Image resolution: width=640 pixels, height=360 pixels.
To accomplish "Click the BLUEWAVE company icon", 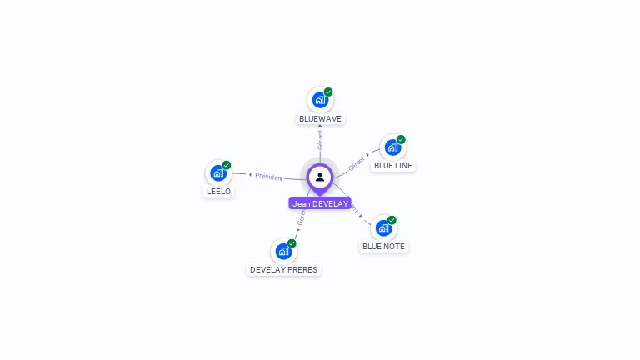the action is click(320, 100).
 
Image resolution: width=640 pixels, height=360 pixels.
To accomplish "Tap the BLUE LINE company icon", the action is click(392, 147).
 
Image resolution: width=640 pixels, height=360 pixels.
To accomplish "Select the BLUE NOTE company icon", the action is click(383, 227).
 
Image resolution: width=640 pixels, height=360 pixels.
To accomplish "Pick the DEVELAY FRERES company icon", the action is click(283, 251).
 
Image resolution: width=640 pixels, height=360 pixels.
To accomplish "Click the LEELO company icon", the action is click(218, 172).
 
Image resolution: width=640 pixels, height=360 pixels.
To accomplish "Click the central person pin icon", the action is click(320, 177).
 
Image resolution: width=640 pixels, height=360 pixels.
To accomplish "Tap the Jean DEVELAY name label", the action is click(320, 203).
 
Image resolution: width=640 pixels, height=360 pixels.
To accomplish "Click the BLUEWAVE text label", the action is click(320, 119).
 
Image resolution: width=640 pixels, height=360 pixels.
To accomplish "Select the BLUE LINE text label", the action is click(393, 166).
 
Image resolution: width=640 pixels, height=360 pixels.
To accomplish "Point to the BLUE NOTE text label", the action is click(383, 247).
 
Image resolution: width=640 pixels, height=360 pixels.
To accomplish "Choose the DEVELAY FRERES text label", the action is click(284, 270).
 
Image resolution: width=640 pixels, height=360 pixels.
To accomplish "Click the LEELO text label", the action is click(218, 192).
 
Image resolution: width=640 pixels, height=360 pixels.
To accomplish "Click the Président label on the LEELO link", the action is click(269, 177).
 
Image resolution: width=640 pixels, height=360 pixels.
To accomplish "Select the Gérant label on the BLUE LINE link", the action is click(357, 163).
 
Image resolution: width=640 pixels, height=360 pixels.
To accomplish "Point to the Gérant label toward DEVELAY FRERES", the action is click(301, 218).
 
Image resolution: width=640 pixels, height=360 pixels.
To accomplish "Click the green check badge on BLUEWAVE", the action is click(328, 92).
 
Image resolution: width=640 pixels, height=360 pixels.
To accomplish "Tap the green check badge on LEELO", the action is click(227, 165).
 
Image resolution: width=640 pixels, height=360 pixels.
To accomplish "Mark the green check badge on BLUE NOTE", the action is click(392, 220).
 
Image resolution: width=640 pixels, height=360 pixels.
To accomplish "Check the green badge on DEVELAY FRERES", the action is click(292, 243).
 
